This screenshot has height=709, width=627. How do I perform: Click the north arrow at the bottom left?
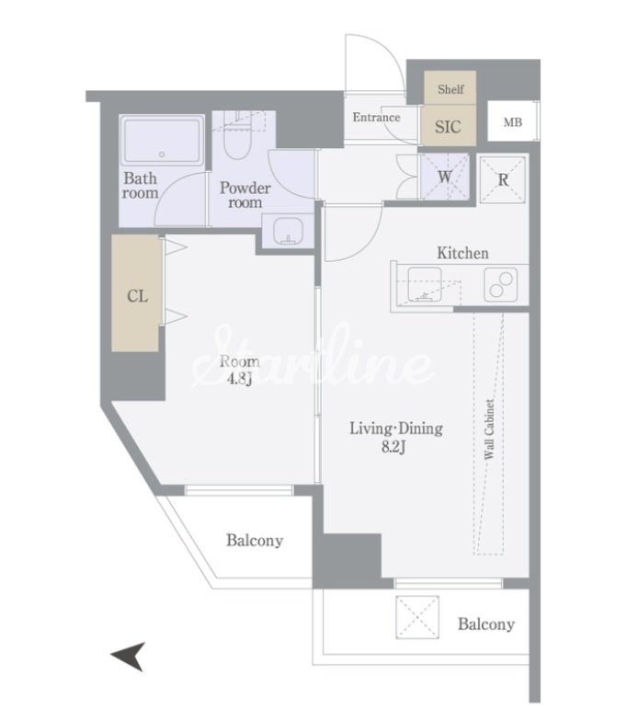click(x=129, y=656)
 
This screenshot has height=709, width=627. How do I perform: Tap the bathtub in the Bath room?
click(x=162, y=141)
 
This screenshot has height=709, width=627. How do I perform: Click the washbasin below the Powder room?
click(x=288, y=231)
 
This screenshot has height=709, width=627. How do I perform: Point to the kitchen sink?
click(x=425, y=283)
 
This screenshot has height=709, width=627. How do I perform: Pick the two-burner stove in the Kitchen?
click(x=500, y=284)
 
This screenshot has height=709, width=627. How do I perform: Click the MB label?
click(x=513, y=122)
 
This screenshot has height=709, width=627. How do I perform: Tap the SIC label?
click(x=448, y=127)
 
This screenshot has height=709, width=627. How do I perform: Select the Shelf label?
click(x=450, y=88)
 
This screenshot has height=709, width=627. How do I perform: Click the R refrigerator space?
click(x=503, y=179)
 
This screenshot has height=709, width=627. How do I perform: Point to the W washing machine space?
click(x=445, y=177)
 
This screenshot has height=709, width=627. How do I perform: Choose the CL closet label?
click(x=137, y=296)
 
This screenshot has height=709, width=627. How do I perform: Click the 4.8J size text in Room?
click(x=240, y=379)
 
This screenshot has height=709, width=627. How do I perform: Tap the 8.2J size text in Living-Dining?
click(x=393, y=447)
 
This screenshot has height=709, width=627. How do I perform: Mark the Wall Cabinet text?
click(x=489, y=429)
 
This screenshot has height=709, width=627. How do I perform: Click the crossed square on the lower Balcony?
click(x=417, y=617)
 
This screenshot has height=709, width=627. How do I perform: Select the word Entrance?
click(x=377, y=117)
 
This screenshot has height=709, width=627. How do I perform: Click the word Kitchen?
click(x=463, y=253)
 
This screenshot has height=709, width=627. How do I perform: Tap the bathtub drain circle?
click(x=162, y=154)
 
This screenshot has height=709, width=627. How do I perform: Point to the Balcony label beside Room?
click(x=255, y=541)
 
